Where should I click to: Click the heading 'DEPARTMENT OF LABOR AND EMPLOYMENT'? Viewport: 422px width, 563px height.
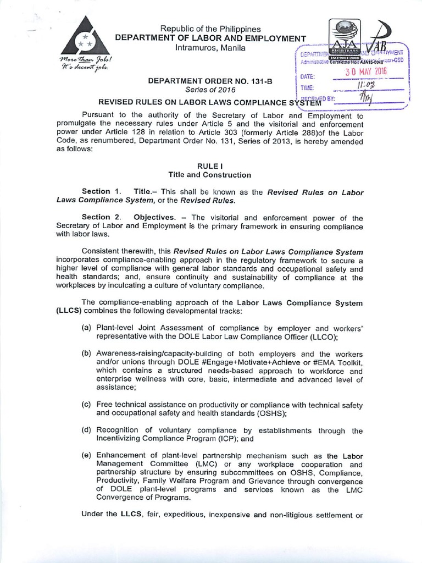click(x=210, y=38)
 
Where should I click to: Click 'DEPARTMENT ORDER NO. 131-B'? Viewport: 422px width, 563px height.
click(x=201, y=81)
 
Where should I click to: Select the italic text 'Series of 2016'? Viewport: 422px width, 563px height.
click(x=200, y=90)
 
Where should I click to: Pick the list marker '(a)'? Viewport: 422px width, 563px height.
click(x=86, y=328)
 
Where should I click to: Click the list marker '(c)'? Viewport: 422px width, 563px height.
click(x=86, y=405)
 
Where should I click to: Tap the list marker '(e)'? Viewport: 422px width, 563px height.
click(x=86, y=456)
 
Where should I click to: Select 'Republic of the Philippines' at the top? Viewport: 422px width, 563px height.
click(x=210, y=29)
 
